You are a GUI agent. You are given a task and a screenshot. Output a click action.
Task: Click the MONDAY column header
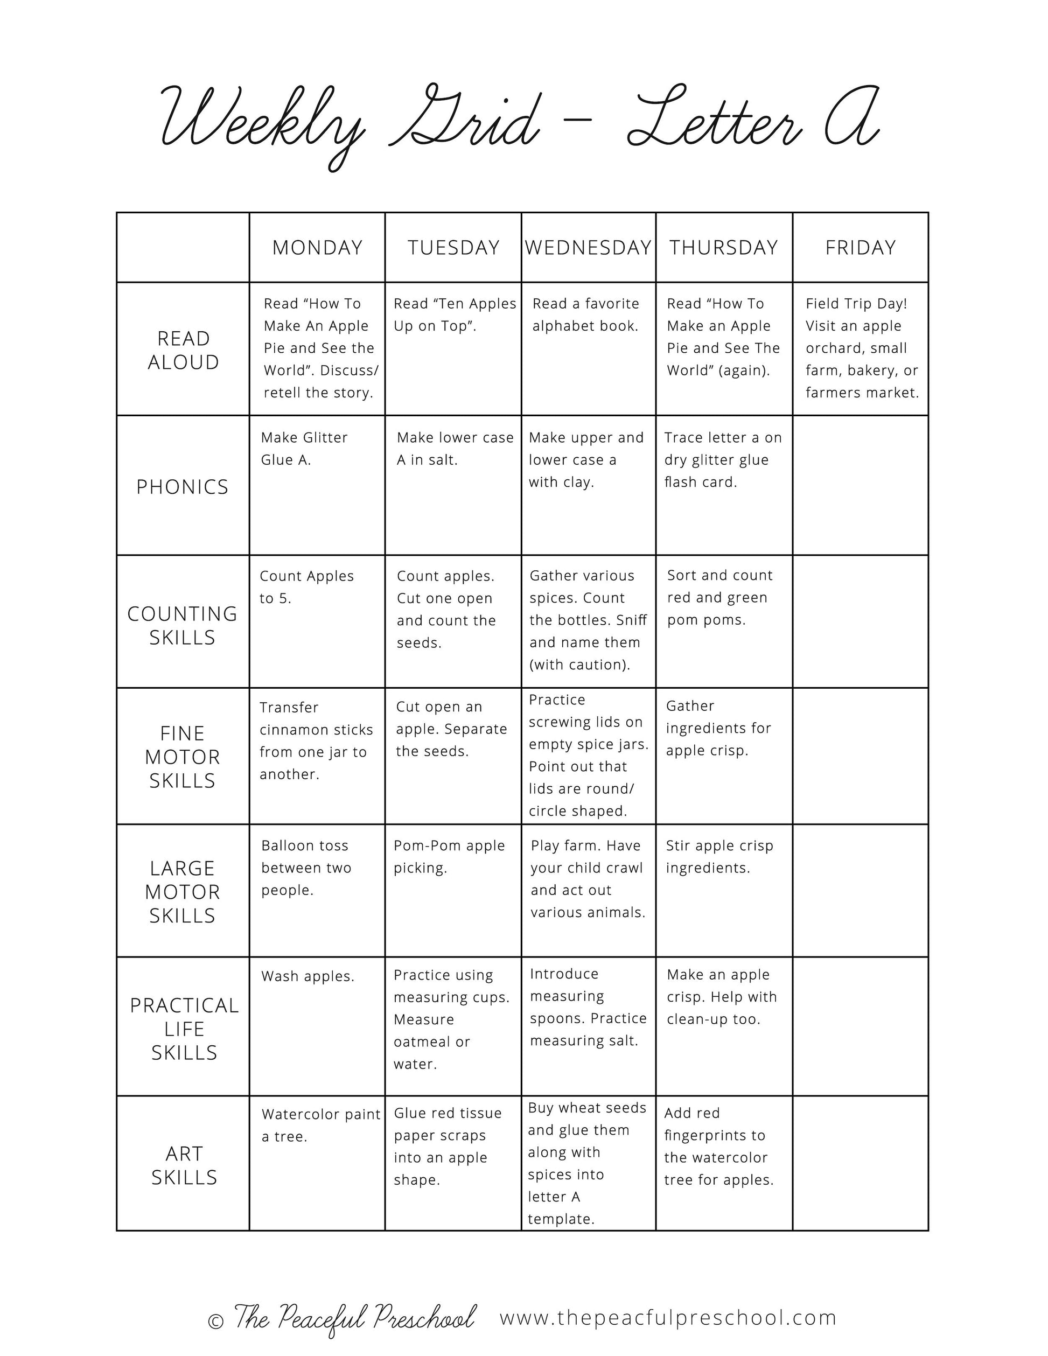pyautogui.click(x=317, y=248)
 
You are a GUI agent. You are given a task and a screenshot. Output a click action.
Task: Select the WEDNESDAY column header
pyautogui.click(x=588, y=248)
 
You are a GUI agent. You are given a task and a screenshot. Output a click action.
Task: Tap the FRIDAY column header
pyautogui.click(x=861, y=248)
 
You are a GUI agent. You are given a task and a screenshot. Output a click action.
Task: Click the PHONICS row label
pyautogui.click(x=183, y=487)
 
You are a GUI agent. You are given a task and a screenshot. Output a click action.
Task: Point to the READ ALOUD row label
pyautogui.click(x=183, y=350)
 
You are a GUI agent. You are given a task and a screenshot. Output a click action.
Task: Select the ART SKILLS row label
pyautogui.click(x=184, y=1165)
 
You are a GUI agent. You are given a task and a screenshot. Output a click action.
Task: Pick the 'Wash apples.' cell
pyautogui.click(x=308, y=977)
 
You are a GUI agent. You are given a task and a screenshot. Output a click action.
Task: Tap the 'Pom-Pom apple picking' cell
pyautogui.click(x=450, y=857)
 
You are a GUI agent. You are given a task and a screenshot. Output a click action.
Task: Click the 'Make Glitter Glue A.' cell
pyautogui.click(x=304, y=449)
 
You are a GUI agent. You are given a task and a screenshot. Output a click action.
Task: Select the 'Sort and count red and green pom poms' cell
pyautogui.click(x=719, y=597)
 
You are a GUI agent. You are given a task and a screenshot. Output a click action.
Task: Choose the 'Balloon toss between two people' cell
pyautogui.click(x=306, y=868)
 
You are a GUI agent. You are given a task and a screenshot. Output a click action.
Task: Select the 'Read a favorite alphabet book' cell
pyautogui.click(x=585, y=315)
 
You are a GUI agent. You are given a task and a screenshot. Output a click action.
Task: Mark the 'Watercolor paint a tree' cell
pyautogui.click(x=320, y=1125)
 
